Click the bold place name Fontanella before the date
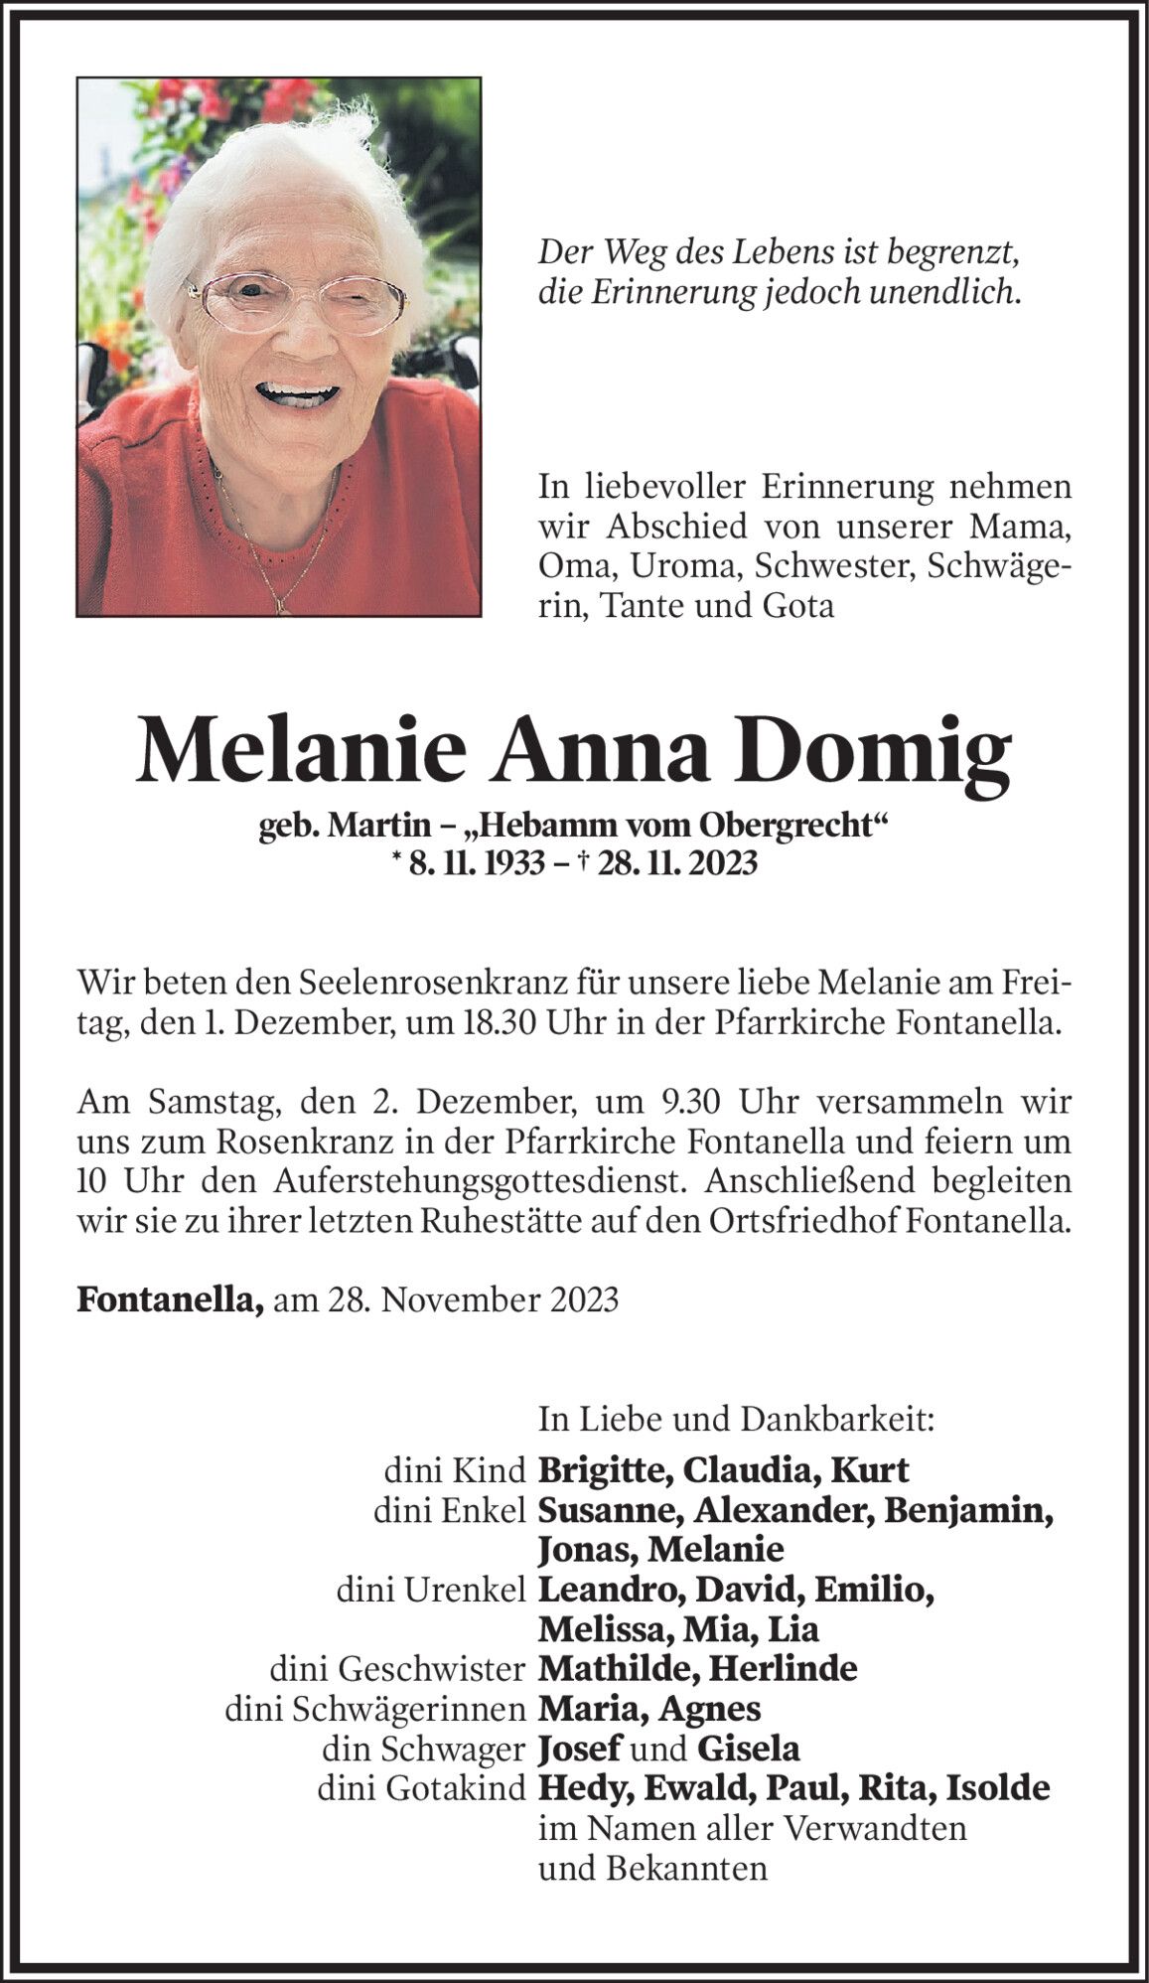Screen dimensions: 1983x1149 point(170,1299)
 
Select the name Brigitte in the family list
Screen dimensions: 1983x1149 point(606,1470)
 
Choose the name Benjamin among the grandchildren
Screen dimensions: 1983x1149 point(968,1510)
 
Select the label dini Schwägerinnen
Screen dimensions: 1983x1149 point(375,1709)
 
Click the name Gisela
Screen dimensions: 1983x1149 point(749,1749)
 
